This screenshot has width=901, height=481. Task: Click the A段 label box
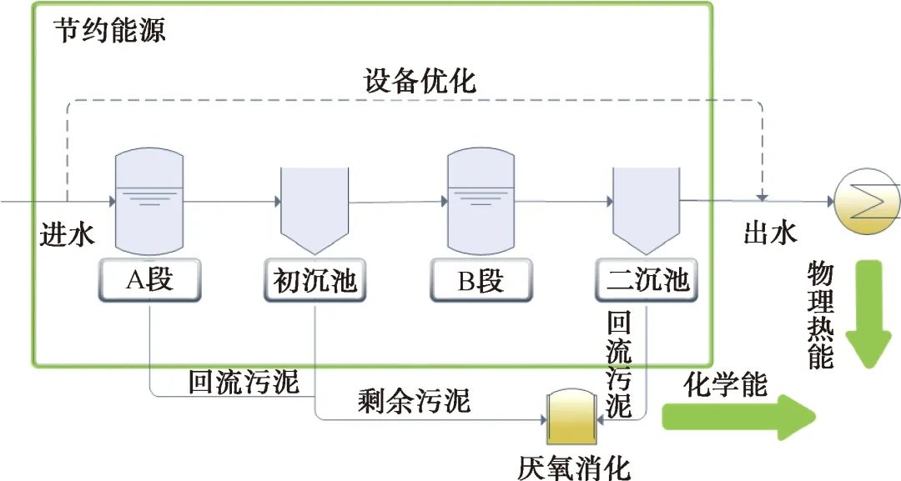(148, 281)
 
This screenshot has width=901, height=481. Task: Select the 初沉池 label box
(315, 281)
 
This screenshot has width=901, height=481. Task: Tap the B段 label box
(480, 281)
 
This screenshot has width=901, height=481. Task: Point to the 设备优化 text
(420, 81)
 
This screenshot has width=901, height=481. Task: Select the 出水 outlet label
(770, 233)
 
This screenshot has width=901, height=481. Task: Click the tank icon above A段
(147, 201)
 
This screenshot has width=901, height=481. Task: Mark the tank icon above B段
(480, 201)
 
